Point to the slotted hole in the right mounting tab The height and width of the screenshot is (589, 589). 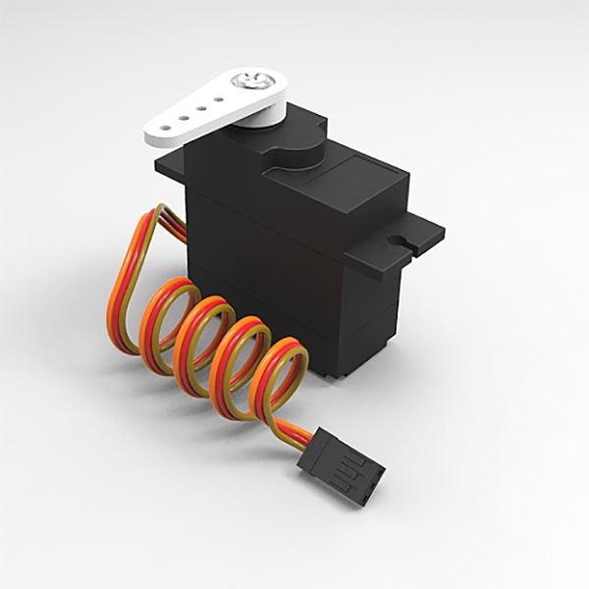(x=400, y=238)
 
